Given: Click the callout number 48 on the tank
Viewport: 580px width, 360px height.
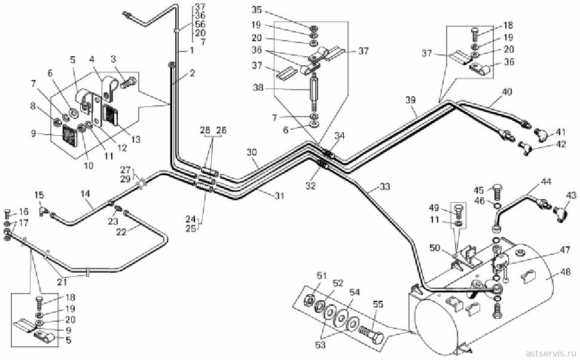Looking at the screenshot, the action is pyautogui.click(x=566, y=272).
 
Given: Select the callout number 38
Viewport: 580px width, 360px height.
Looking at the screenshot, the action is pyautogui.click(x=258, y=88).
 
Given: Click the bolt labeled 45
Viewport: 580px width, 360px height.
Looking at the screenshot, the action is pyautogui.click(x=497, y=191).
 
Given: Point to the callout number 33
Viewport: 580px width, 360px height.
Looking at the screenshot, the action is pyautogui.click(x=384, y=187).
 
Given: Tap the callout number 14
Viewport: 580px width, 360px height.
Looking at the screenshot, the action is pyautogui.click(x=85, y=194).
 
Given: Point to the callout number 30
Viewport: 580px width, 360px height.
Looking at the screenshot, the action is pyautogui.click(x=252, y=152).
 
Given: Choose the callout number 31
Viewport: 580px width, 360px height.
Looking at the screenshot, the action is pyautogui.click(x=279, y=196).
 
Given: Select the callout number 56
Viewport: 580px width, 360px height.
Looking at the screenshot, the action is pyautogui.click(x=200, y=24).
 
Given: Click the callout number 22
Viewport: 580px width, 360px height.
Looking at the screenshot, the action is pyautogui.click(x=121, y=232).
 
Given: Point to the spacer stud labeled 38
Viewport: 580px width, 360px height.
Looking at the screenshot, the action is pyautogui.click(x=314, y=93).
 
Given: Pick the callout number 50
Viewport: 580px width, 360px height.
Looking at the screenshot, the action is pyautogui.click(x=435, y=247).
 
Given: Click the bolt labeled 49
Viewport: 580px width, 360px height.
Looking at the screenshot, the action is pyautogui.click(x=458, y=211).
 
